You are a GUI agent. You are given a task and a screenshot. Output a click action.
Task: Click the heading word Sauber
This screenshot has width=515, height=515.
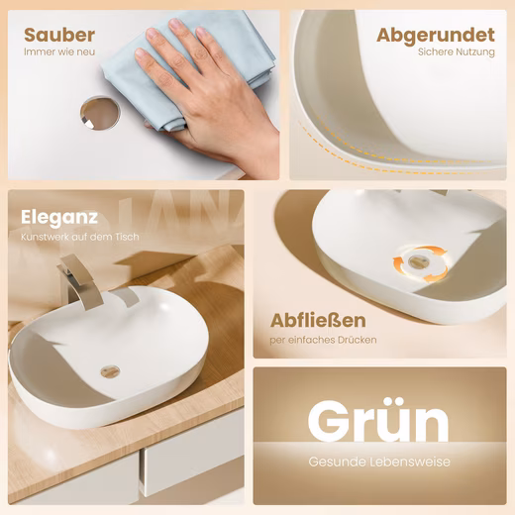point(59,35)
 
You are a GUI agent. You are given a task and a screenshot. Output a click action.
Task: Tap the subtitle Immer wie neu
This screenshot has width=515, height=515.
point(59,51)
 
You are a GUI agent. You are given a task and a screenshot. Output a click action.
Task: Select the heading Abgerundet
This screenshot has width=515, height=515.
point(436,36)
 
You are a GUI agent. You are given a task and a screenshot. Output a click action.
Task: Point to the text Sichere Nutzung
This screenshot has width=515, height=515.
point(457,52)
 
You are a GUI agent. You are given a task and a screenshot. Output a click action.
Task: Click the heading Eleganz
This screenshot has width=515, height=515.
point(59,218)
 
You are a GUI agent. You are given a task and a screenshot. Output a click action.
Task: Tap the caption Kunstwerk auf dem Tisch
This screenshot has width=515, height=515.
point(80,237)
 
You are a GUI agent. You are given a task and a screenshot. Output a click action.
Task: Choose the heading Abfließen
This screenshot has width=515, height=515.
point(318,320)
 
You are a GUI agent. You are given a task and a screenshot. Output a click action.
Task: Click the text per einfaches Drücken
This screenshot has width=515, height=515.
point(323,340)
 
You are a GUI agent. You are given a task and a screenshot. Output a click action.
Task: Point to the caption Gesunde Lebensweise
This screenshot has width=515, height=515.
point(379,462)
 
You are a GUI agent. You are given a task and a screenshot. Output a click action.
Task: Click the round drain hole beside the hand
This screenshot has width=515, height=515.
point(100,113)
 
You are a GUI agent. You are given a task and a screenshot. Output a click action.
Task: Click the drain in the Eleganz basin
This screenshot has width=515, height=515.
point(110,371)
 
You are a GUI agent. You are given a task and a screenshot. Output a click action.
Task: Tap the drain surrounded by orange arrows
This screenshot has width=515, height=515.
point(418,262)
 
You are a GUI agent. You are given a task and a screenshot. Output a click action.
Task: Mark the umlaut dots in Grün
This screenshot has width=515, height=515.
point(395,401)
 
